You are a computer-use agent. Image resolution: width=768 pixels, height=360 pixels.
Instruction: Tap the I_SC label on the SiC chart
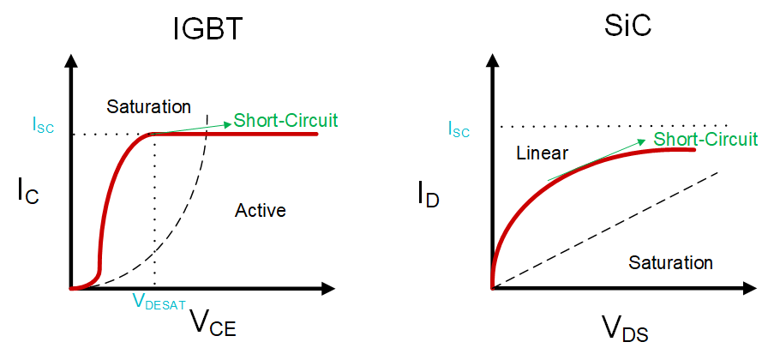pos(460,129)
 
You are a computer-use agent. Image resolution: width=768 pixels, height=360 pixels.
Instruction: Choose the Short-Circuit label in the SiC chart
pos(705,139)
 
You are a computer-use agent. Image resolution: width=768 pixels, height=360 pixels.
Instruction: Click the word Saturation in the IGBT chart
pos(148,107)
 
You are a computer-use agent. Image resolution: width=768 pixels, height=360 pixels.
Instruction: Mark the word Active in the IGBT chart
pos(260,210)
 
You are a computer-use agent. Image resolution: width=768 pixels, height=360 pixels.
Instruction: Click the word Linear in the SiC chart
pos(542,154)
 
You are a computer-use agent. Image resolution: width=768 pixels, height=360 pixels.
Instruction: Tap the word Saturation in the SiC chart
pos(670,262)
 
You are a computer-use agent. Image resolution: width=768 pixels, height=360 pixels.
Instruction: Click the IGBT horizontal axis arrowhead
pos(328,289)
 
